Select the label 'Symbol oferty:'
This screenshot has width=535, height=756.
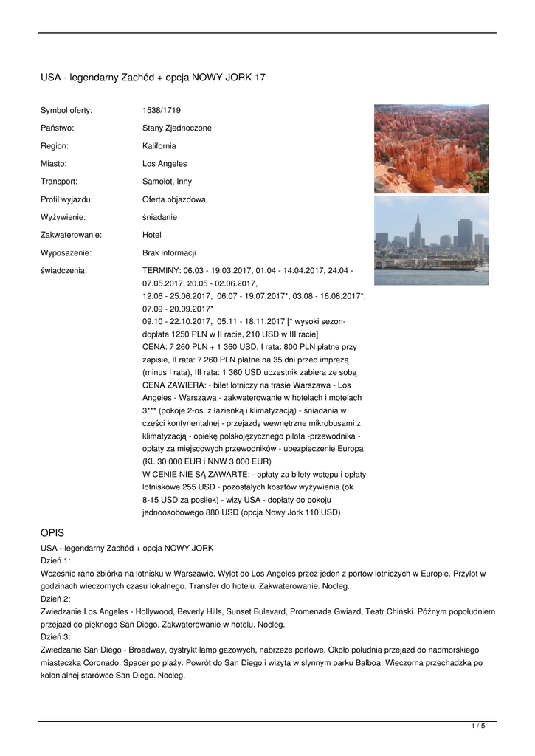(66, 110)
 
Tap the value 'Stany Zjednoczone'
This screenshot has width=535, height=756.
(176, 128)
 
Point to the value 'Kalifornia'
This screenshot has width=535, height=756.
(159, 145)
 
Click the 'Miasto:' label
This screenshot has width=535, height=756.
(54, 163)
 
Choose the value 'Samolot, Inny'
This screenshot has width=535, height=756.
(167, 181)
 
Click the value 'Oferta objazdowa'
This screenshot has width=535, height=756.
(174, 199)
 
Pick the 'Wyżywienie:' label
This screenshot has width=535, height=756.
(63, 217)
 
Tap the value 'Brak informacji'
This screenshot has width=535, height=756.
(169, 252)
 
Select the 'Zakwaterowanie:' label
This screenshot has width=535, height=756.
(71, 235)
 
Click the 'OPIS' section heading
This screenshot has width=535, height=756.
(52, 532)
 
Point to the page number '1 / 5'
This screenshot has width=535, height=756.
(478, 726)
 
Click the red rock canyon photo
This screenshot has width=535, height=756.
(431, 148)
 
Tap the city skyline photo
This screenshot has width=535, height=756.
(431, 240)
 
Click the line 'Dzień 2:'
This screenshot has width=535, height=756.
(55, 599)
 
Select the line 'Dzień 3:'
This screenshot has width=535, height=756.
(55, 636)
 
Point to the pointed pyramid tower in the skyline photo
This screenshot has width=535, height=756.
(418, 229)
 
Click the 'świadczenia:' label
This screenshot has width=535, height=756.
(63, 271)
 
